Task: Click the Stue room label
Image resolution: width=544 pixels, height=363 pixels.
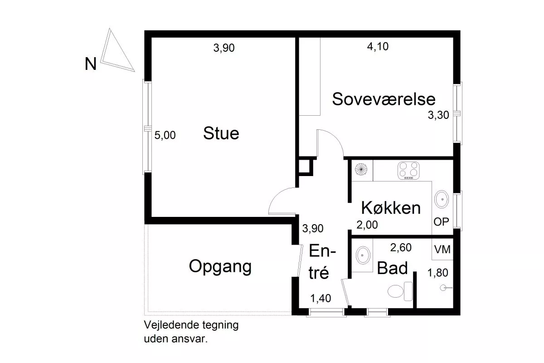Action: [221, 133]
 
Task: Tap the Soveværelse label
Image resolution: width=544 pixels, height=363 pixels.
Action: [384, 99]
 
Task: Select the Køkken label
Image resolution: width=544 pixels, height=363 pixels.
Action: [391, 208]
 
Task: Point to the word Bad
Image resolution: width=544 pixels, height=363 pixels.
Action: [392, 268]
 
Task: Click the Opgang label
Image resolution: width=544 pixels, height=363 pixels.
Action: [220, 267]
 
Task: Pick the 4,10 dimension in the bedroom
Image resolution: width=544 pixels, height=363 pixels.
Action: [378, 46]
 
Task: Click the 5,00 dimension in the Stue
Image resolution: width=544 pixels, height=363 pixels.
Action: [165, 135]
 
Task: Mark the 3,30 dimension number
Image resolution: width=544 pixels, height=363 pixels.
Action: [438, 115]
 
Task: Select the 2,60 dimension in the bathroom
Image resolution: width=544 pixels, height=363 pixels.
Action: [401, 247]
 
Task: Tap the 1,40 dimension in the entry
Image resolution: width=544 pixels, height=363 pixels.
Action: [321, 298]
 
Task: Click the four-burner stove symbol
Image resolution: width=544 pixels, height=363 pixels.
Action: [408, 170]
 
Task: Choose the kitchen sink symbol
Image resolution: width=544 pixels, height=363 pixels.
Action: [441, 199]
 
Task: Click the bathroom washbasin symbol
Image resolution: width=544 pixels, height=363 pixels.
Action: [363, 255]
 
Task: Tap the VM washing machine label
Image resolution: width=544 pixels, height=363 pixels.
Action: [442, 250]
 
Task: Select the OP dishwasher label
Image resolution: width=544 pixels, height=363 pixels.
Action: [441, 222]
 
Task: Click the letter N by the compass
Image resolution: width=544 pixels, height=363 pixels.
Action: [91, 64]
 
